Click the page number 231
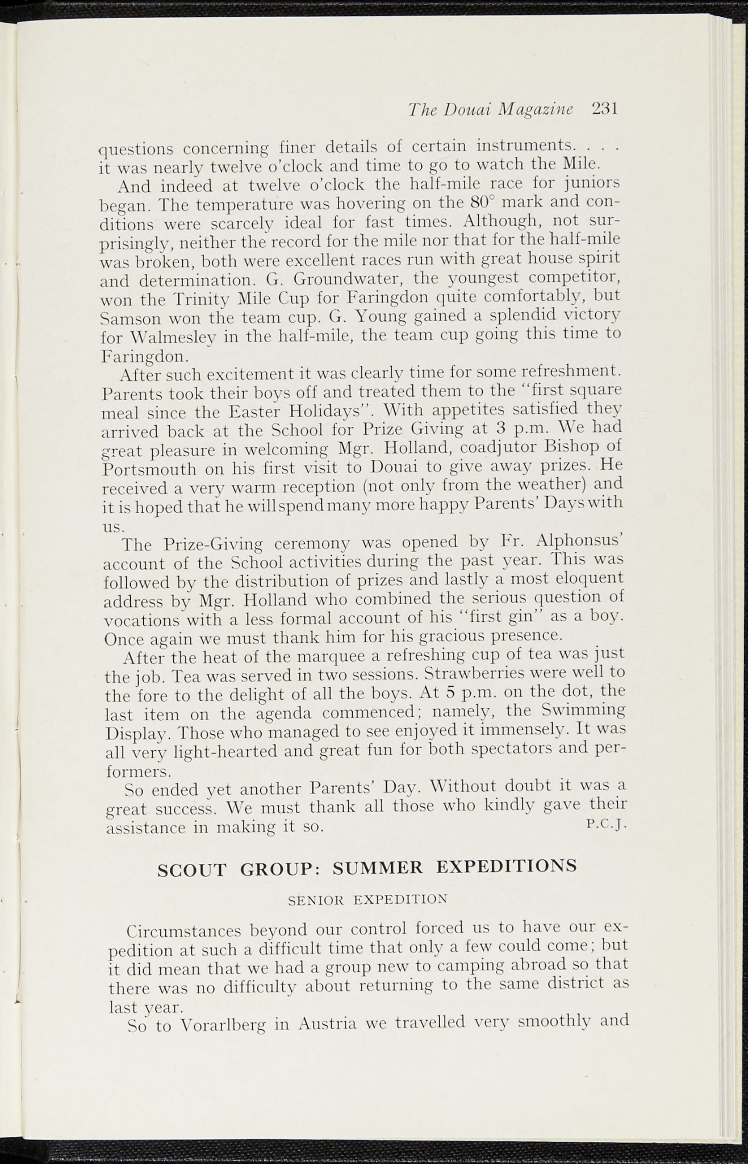click(604, 109)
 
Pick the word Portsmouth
click(149, 471)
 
